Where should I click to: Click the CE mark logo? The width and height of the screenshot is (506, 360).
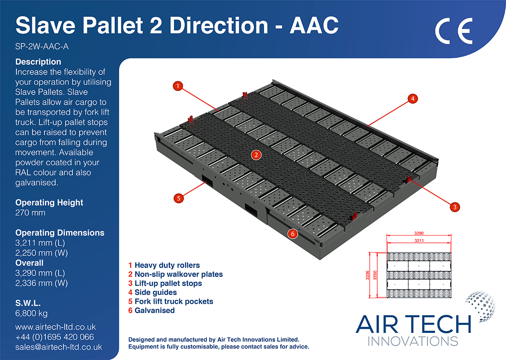click(453, 31)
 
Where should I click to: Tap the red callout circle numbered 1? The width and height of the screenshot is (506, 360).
click(178, 86)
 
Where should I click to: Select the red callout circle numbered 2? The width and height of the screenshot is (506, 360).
click(256, 155)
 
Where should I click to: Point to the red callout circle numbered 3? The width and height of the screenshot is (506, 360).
click(454, 206)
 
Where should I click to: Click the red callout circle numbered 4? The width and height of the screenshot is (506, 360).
click(412, 99)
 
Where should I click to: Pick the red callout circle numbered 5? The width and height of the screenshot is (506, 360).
click(178, 198)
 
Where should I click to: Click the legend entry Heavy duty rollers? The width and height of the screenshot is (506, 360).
click(167, 265)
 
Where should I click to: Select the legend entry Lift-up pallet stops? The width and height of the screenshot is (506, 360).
click(168, 283)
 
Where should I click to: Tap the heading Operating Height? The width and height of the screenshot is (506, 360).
click(49, 202)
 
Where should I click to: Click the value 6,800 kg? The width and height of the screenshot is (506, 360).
click(31, 313)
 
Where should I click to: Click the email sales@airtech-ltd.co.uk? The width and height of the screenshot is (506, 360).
click(59, 347)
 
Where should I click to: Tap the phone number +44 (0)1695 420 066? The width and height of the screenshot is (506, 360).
click(55, 337)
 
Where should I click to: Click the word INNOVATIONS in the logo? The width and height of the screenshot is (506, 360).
click(413, 341)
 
